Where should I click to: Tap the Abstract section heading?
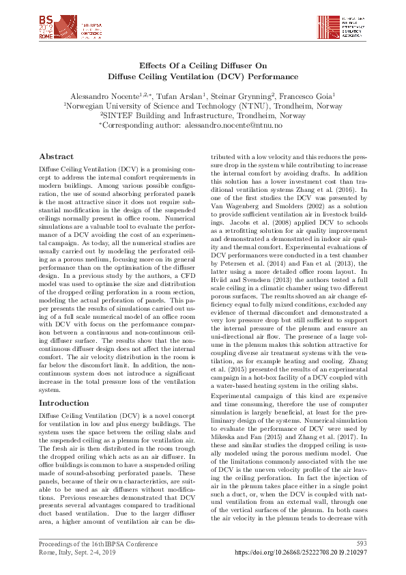tap(56, 156)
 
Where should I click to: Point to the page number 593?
tap(362, 543)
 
